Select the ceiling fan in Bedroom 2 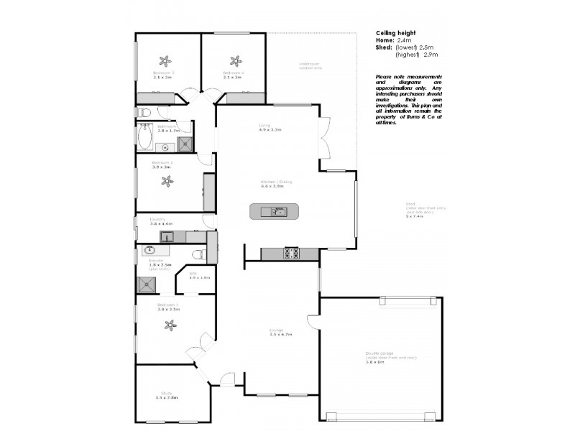tap(167, 182)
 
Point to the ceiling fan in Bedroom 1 tap(169, 325)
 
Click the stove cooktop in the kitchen tap(293, 253)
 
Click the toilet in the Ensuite tap(201, 253)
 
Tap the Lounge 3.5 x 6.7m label tap(280, 333)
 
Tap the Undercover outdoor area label tap(309, 65)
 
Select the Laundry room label tap(158, 221)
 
